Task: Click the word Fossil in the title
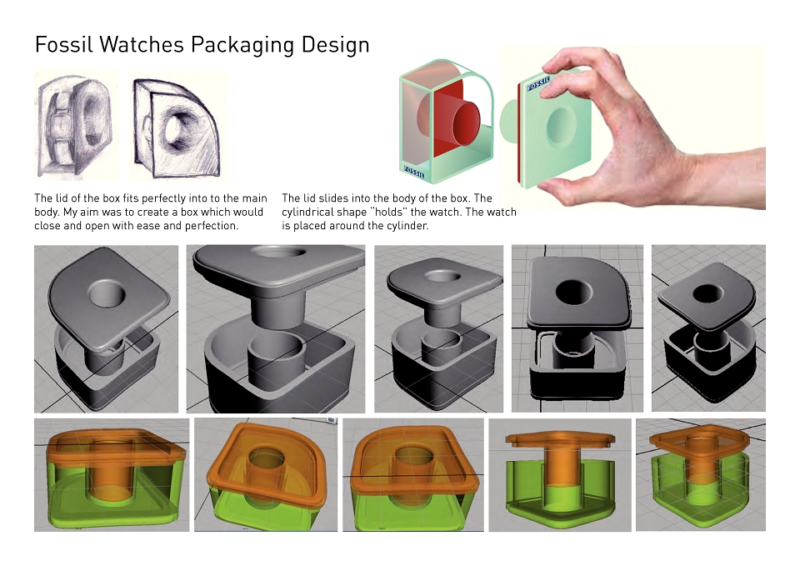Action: (x=64, y=44)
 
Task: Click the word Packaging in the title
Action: (x=242, y=45)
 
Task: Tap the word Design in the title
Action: (x=335, y=45)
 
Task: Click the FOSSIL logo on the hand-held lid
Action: (x=539, y=83)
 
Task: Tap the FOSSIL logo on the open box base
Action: (x=414, y=172)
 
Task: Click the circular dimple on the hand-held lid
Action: (x=561, y=126)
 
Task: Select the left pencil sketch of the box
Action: (x=77, y=124)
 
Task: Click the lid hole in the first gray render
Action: (x=107, y=293)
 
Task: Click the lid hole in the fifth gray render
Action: (x=708, y=294)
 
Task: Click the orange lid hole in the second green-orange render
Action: (x=265, y=457)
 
